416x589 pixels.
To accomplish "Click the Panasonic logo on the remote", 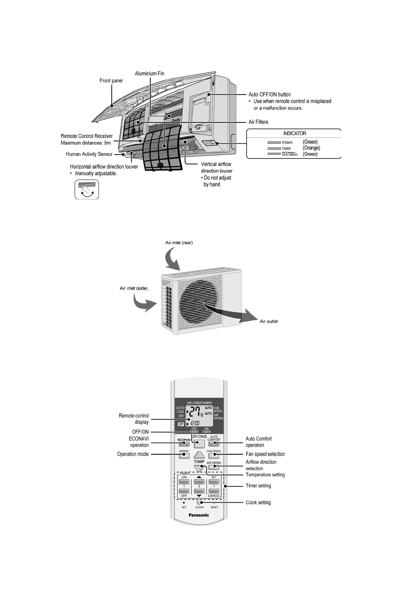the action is [199, 515].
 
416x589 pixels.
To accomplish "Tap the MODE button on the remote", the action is [184, 455].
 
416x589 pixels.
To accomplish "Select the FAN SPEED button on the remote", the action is [214, 455].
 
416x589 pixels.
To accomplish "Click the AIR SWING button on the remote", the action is [214, 467].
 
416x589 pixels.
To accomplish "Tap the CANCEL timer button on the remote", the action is [214, 491].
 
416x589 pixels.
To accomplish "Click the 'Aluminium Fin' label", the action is [149, 73].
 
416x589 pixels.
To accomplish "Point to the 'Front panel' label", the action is [111, 80].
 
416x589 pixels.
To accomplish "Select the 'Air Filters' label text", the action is [258, 122].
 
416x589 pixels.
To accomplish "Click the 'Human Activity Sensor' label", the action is [89, 154].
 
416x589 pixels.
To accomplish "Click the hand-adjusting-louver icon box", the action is [87, 190].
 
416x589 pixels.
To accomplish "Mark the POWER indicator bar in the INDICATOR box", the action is [274, 143].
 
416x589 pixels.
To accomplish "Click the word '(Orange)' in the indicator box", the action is [311, 148].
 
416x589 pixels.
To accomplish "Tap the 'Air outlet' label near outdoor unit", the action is [269, 321].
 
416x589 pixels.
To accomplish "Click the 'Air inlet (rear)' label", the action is [179, 242].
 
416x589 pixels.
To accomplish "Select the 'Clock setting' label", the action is [258, 503].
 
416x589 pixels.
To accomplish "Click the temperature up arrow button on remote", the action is [199, 455].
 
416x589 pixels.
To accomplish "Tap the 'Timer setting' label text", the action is [258, 486].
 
